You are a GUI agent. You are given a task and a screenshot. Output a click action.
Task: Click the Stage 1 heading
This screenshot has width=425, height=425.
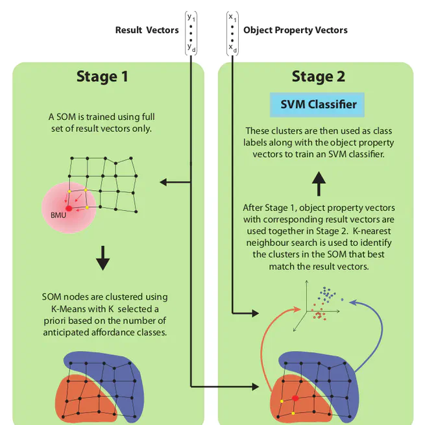click(x=103, y=77)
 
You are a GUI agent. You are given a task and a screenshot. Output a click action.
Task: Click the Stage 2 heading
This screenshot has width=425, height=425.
click(x=317, y=77)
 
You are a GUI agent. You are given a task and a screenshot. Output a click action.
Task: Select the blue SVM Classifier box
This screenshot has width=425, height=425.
click(x=313, y=104)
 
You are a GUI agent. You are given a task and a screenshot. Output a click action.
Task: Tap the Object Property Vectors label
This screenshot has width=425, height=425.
click(x=295, y=30)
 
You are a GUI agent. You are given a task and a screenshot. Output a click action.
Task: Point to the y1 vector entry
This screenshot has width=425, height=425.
click(x=191, y=18)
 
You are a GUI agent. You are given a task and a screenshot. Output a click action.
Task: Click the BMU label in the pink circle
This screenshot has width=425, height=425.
click(x=58, y=215)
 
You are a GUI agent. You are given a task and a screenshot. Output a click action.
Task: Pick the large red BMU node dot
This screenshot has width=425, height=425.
click(x=69, y=208)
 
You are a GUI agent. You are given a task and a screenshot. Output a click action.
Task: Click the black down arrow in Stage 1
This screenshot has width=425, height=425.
click(x=103, y=258)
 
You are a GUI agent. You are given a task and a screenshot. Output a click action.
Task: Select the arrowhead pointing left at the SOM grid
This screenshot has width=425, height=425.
click(x=164, y=183)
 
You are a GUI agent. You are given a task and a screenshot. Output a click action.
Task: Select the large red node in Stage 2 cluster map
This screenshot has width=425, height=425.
click(x=295, y=398)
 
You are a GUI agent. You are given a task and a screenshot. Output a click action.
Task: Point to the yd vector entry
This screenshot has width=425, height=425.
click(x=191, y=47)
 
